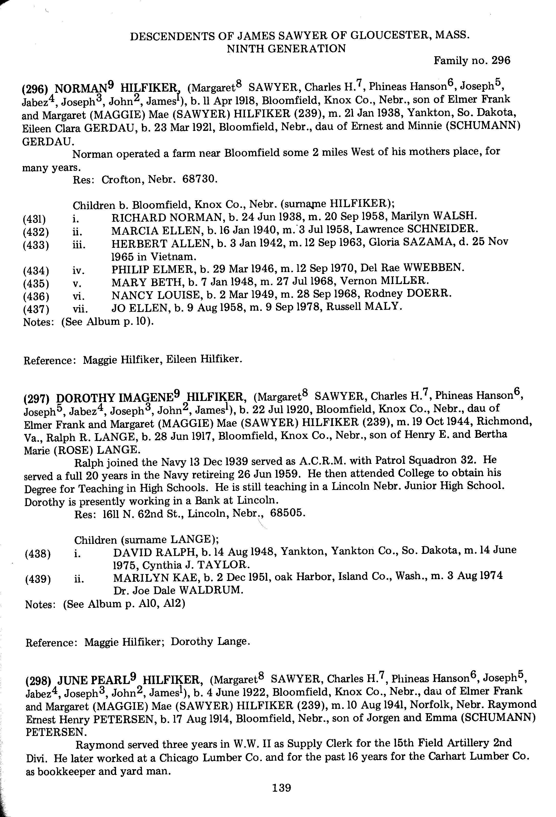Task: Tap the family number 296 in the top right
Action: (x=501, y=61)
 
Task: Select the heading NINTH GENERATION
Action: (x=286, y=49)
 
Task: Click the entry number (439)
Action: (x=38, y=579)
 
